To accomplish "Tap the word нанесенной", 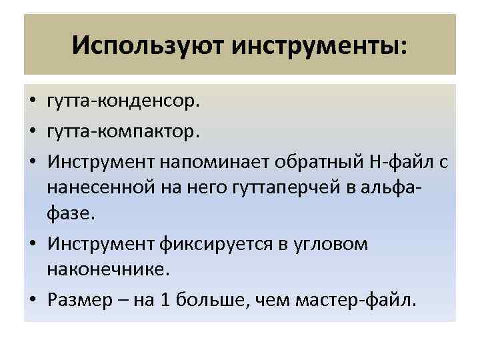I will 99,187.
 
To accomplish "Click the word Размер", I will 79,299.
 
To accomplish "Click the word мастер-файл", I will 360,299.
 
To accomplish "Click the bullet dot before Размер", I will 32,300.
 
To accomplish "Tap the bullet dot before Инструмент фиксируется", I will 32,244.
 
